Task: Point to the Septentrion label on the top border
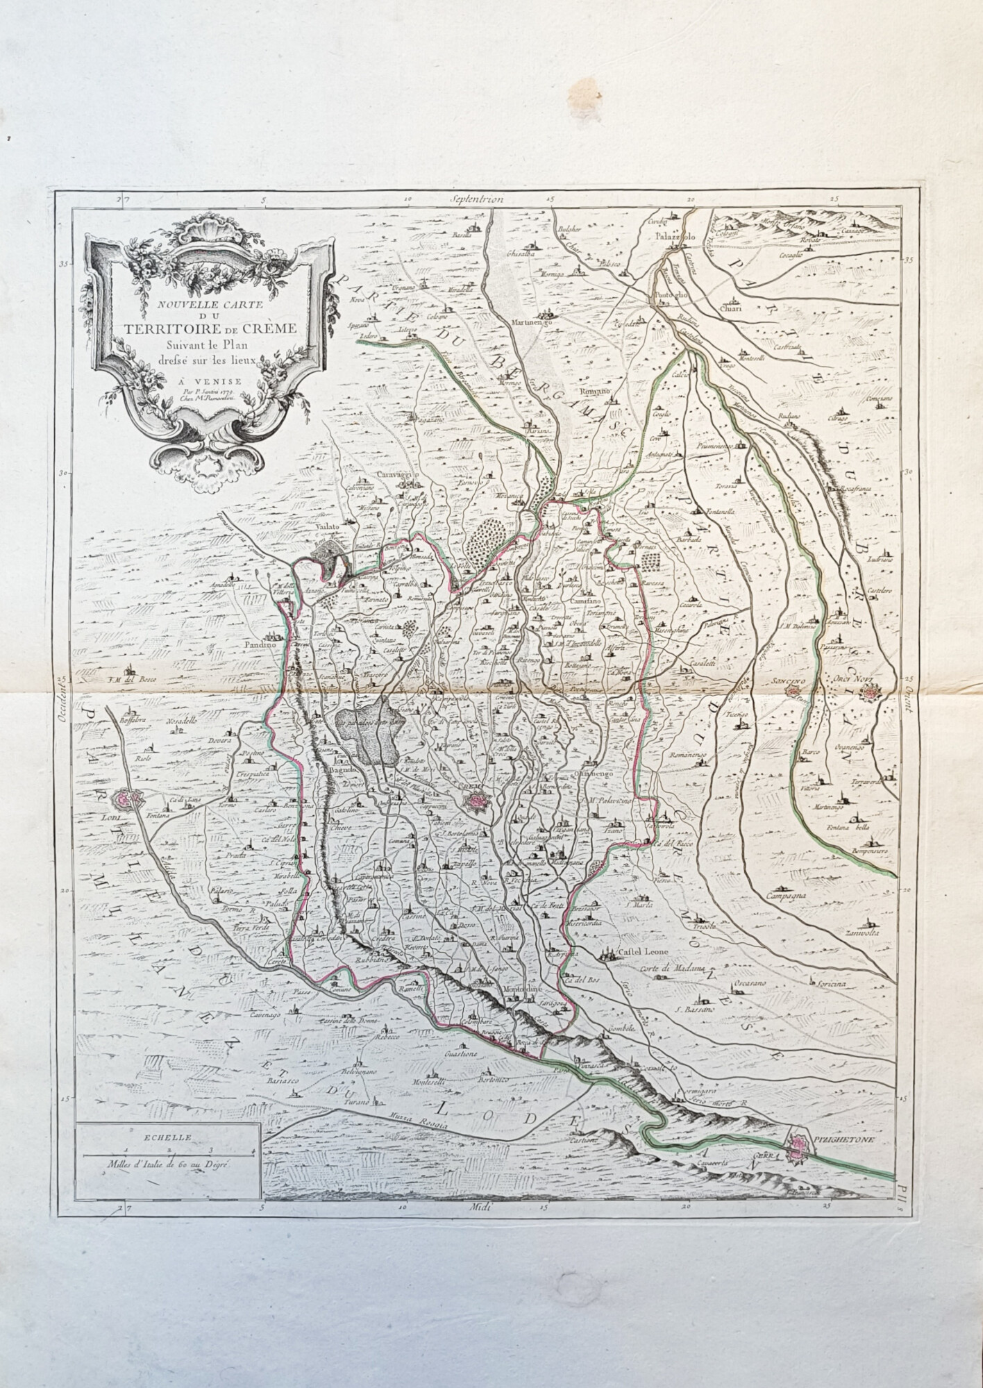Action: pyautogui.click(x=475, y=199)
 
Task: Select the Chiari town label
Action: pyautogui.click(x=732, y=307)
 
